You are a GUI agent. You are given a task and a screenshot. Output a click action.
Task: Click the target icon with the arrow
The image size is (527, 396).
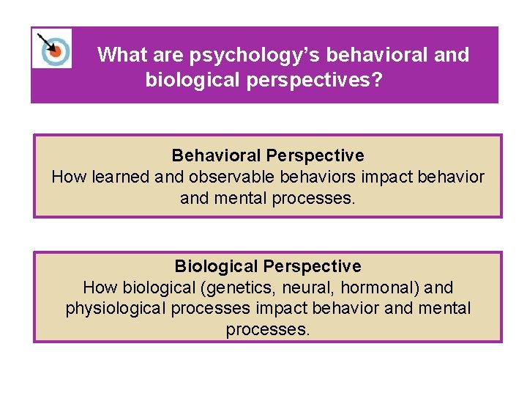coord(52,48)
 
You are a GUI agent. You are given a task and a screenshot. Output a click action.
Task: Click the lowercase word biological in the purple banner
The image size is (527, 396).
coord(193,79)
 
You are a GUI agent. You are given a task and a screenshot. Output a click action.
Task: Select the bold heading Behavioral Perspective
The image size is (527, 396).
coord(267,155)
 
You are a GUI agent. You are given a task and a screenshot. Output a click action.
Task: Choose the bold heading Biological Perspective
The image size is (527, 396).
coord(267,265)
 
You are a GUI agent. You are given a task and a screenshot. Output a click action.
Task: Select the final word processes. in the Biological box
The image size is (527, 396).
coord(267,330)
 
